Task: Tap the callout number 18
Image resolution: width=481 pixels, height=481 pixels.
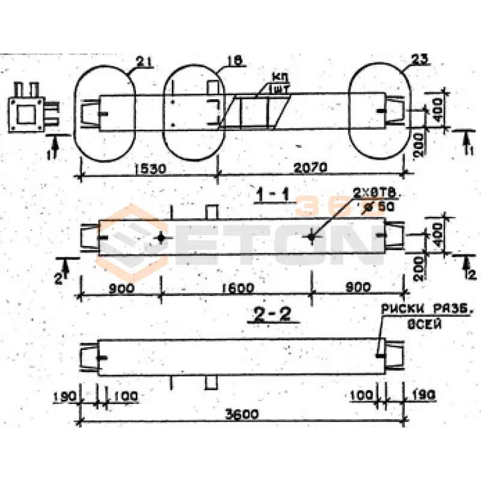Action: click(x=235, y=61)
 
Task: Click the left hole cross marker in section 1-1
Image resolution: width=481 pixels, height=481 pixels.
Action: click(x=161, y=237)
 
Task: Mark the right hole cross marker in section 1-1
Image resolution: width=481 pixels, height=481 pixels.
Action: click(x=311, y=237)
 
